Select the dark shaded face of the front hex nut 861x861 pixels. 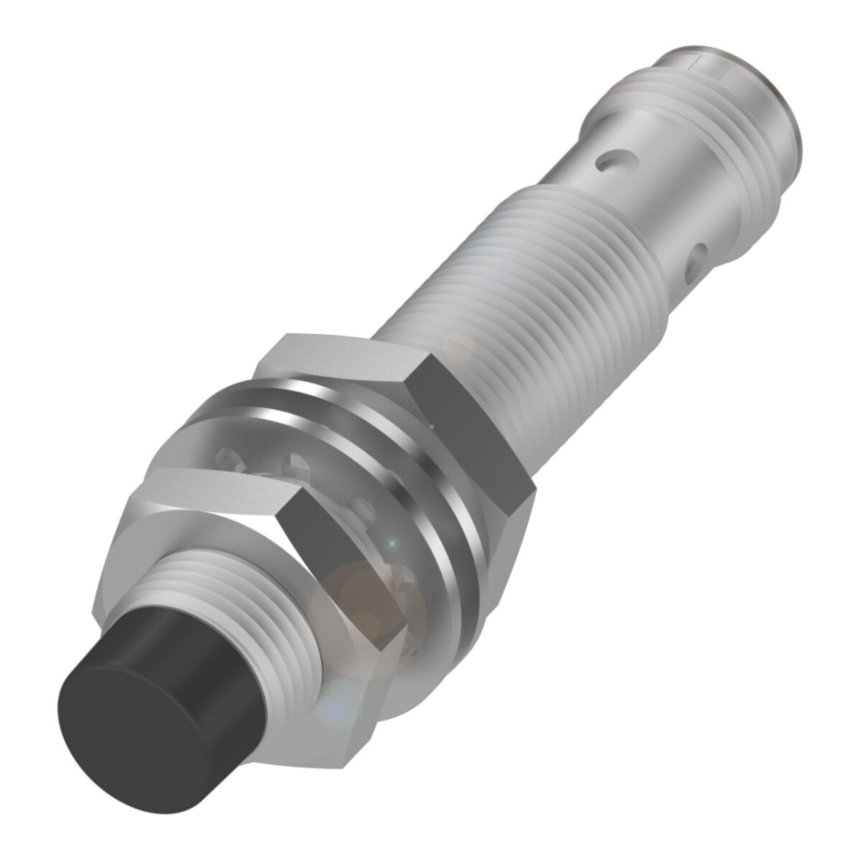click(337, 574)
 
